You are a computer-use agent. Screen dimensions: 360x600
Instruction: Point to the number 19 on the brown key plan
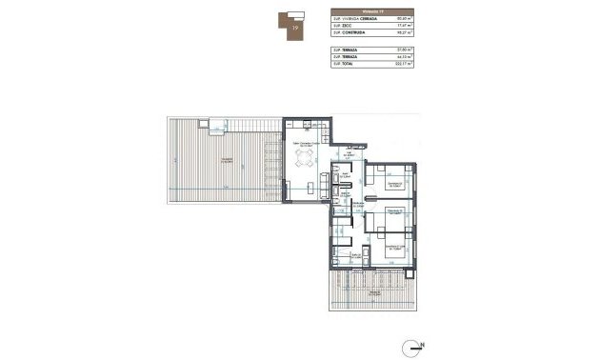coord(297,29)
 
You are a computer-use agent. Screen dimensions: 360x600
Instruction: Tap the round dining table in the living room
coord(307,161)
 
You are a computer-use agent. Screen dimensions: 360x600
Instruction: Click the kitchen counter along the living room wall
coord(310,126)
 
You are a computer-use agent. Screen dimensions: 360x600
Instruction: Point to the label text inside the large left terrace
coord(225,160)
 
